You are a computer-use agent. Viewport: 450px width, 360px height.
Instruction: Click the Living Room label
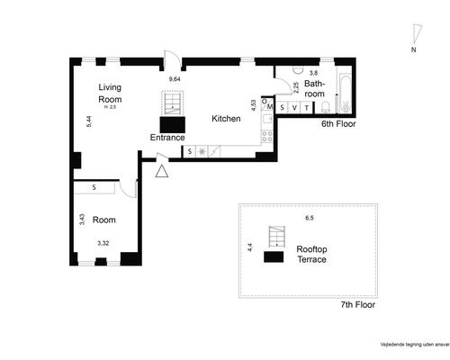pyautogui.click(x=110, y=93)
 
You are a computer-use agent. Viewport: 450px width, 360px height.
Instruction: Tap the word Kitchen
pyautogui.click(x=226, y=119)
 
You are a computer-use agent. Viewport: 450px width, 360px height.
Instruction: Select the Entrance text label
pyautogui.click(x=167, y=137)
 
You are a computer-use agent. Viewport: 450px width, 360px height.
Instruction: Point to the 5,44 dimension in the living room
pyautogui.click(x=88, y=121)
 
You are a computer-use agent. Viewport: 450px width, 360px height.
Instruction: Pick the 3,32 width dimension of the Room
pyautogui.click(x=103, y=243)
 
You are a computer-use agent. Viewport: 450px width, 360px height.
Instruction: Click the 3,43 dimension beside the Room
pyautogui.click(x=82, y=219)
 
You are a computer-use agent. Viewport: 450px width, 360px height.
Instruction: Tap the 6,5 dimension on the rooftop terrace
pyautogui.click(x=309, y=218)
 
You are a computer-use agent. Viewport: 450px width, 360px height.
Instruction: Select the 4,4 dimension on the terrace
pyautogui.click(x=249, y=247)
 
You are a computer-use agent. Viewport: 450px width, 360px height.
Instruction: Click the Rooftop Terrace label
pyautogui.click(x=311, y=254)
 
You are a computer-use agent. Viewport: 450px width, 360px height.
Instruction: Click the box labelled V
pyautogui.click(x=294, y=108)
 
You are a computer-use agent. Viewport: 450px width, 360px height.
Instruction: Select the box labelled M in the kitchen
pyautogui.click(x=269, y=106)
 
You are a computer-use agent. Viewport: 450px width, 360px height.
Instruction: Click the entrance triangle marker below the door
pyautogui.click(x=162, y=170)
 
